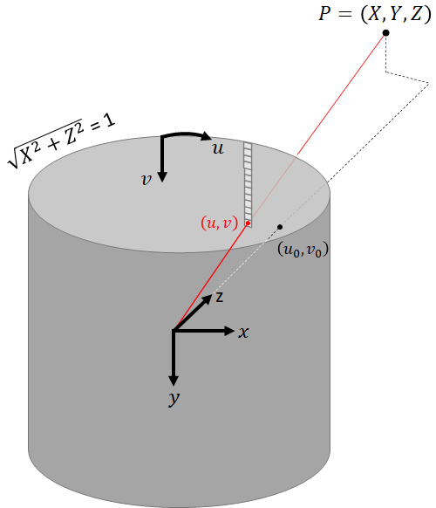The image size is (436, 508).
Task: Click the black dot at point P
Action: [385, 33]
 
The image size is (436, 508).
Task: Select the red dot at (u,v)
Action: [248, 223]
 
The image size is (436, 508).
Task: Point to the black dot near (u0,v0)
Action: [279, 228]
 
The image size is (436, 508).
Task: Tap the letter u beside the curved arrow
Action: [219, 149]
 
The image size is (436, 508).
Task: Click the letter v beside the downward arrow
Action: [147, 178]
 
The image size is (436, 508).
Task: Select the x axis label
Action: [245, 332]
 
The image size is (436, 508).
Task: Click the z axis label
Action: [221, 297]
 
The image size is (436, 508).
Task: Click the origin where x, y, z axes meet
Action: [174, 330]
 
